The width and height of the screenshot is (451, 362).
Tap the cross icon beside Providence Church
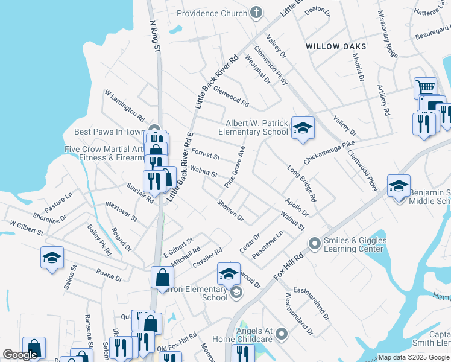pyautogui.click(x=256, y=12)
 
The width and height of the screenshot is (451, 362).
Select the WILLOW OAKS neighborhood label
pyautogui.click(x=336, y=46)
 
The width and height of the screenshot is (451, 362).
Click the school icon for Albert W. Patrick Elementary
pyautogui.click(x=303, y=128)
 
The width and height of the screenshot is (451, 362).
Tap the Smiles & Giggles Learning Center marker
pyautogui.click(x=314, y=244)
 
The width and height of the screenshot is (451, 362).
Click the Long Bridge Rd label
pyautogui.click(x=302, y=183)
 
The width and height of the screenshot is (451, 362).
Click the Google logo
pyautogui.click(x=20, y=355)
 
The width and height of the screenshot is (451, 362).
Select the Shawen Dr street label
pyautogui.click(x=230, y=211)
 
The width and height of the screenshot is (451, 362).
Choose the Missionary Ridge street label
pyautogui.click(x=388, y=34)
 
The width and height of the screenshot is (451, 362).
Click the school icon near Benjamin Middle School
pyautogui.click(x=399, y=186)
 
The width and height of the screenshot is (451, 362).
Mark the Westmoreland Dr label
pyautogui.click(x=299, y=314)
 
